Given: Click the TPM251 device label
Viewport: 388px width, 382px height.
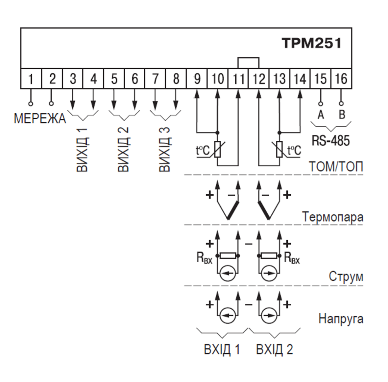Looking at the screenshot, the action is pyautogui.click(x=312, y=43).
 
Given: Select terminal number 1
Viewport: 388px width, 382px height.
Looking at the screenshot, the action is pyautogui.click(x=31, y=79).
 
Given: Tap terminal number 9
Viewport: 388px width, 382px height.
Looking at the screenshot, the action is pyautogui.click(x=197, y=79).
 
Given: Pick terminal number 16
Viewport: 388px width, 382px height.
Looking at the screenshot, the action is pyautogui.click(x=341, y=79).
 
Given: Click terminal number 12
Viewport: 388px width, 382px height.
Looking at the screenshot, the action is pyautogui.click(x=259, y=79).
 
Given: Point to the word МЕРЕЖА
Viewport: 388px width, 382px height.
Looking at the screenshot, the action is pyautogui.click(x=40, y=118).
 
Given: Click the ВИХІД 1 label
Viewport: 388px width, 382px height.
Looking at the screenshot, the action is pyautogui.click(x=82, y=150).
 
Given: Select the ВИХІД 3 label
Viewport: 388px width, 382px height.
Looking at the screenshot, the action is pyautogui.click(x=165, y=150).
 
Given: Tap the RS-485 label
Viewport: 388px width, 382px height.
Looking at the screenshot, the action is pyautogui.click(x=331, y=140).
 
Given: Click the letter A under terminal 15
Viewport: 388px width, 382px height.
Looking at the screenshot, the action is pyautogui.click(x=321, y=115).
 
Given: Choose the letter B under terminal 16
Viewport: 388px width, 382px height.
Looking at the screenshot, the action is pyautogui.click(x=342, y=115).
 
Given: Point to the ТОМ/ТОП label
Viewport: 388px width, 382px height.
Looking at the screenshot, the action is pyautogui.click(x=336, y=167).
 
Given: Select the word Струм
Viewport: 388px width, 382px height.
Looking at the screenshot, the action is pyautogui.click(x=346, y=277).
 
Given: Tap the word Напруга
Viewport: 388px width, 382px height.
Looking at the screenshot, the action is pyautogui.click(x=341, y=319).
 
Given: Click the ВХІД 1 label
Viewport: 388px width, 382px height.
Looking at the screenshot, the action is pyautogui.click(x=222, y=349).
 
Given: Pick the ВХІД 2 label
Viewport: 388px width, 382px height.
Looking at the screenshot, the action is pyautogui.click(x=274, y=349).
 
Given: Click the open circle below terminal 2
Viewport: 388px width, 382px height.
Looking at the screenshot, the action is pyautogui.click(x=51, y=104).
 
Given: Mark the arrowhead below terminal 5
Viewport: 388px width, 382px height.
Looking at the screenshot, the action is pyautogui.click(x=114, y=105).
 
